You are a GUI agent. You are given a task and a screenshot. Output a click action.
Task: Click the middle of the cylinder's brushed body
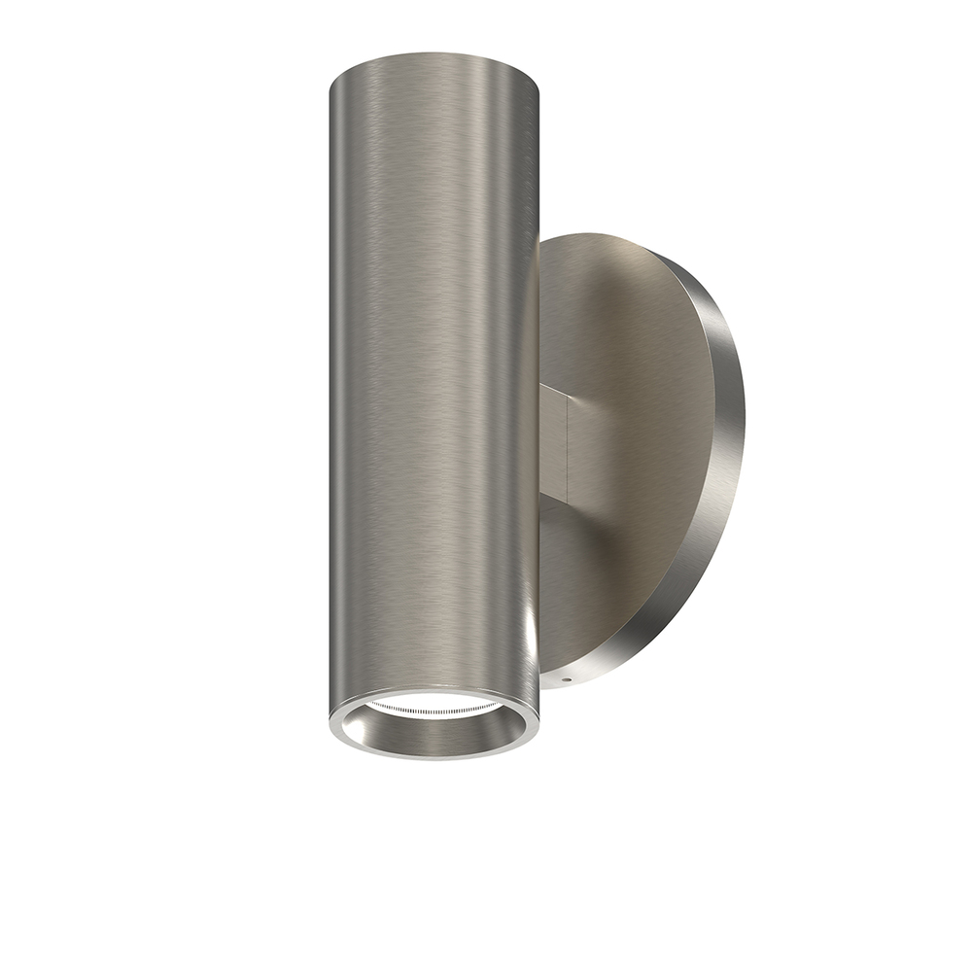[x=434, y=389]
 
